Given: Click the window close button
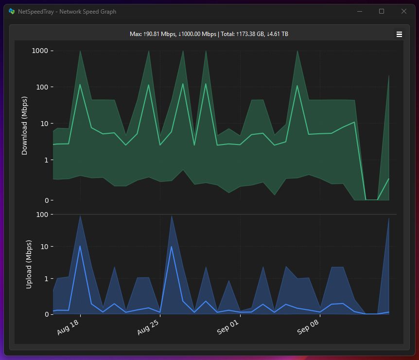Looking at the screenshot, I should coord(403,11).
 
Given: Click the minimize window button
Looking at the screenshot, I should coord(360,11).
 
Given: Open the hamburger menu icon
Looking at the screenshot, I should coord(399,34).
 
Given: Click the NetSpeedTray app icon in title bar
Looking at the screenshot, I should coord(12,11).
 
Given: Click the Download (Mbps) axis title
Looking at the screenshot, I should coord(25,126).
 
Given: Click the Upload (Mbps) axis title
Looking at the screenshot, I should coord(29,264).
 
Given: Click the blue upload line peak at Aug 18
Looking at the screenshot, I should coord(80,246).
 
